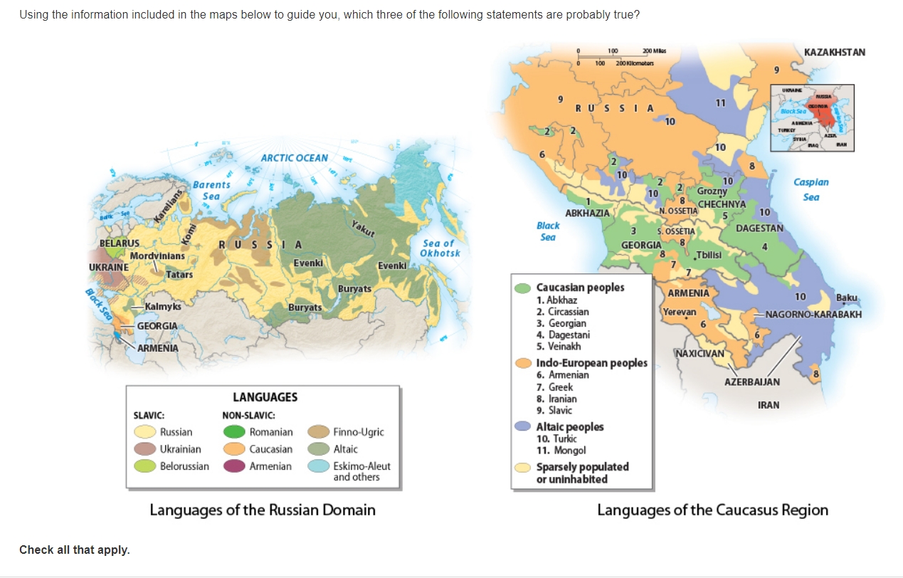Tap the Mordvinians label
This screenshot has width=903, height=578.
tap(157, 256)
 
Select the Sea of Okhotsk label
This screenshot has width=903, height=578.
tap(440, 248)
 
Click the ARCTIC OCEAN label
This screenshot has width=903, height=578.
tap(294, 158)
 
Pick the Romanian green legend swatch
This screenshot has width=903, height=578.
tap(234, 432)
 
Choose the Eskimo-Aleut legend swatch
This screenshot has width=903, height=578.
tap(318, 466)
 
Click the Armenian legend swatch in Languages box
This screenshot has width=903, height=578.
tap(234, 466)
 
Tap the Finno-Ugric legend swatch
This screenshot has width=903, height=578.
tap(318, 432)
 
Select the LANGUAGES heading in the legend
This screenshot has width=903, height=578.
tap(265, 397)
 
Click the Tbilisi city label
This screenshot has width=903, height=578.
tap(709, 256)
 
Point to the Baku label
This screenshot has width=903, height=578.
tap(847, 298)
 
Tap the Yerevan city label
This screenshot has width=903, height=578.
tap(680, 312)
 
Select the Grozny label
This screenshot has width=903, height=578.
tap(712, 191)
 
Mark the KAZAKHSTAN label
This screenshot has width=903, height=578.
tap(834, 53)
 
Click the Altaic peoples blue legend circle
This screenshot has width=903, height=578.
tap(523, 426)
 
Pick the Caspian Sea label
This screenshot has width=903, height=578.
tap(811, 189)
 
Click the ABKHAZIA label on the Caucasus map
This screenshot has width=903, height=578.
tap(587, 213)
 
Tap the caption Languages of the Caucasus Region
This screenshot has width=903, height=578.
tap(712, 510)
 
